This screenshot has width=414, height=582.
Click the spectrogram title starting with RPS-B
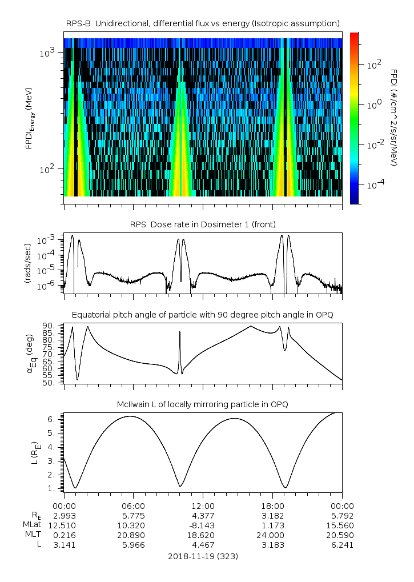point(203,23)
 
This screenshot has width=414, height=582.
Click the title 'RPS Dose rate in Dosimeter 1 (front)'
point(203,224)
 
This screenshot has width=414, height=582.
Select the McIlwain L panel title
point(203,404)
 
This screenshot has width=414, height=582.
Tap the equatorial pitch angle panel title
point(203,315)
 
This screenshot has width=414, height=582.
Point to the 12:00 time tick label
point(203,505)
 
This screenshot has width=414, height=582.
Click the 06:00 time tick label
point(133,505)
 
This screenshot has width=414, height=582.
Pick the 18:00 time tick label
point(272,505)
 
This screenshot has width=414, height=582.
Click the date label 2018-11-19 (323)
point(203,556)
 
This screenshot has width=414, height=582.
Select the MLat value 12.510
point(63,525)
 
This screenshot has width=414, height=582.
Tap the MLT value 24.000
point(272,535)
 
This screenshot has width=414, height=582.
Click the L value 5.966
point(133,544)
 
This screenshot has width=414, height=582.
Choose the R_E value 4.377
point(203,515)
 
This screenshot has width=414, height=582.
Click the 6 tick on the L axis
point(51,419)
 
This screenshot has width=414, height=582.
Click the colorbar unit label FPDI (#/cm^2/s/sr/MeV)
point(393,118)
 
